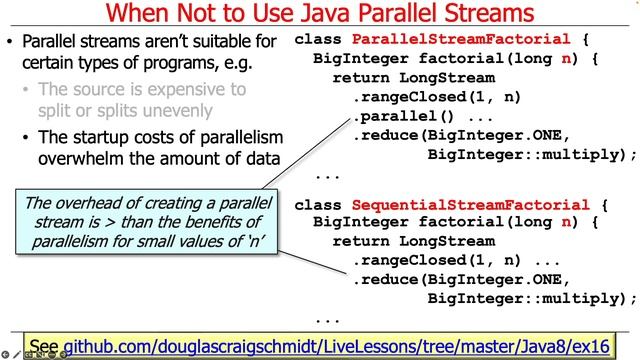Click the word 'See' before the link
pos(45,345)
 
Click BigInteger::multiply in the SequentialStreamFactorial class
pos(532,299)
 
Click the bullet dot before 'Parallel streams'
pos(10,43)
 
